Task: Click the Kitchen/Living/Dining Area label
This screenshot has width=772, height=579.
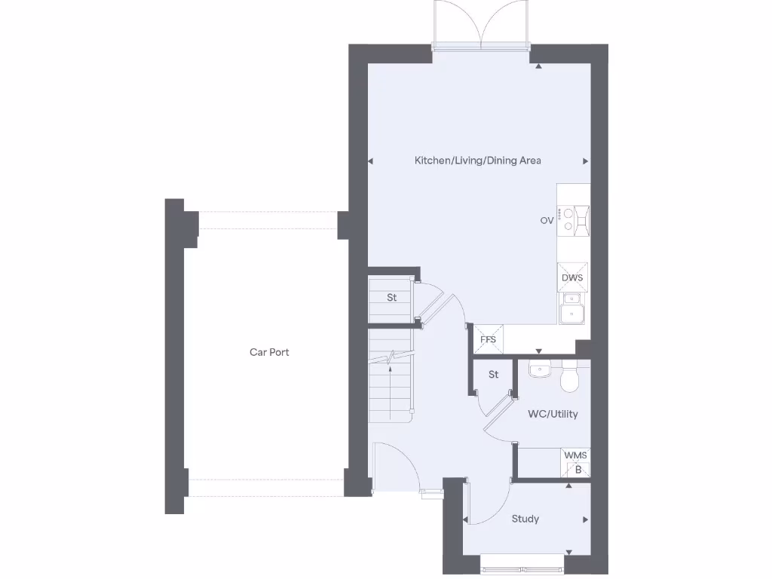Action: click(x=477, y=161)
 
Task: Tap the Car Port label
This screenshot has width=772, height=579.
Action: click(x=269, y=352)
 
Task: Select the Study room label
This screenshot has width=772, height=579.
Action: click(x=525, y=519)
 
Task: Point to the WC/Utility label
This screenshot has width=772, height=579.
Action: click(x=553, y=414)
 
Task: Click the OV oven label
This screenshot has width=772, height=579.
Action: click(x=547, y=221)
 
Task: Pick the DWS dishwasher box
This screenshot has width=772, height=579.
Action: click(x=572, y=277)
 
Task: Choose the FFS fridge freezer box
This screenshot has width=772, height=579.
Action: click(x=488, y=339)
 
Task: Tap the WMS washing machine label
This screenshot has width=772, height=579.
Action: click(x=575, y=456)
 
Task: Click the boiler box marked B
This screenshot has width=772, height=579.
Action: click(x=577, y=470)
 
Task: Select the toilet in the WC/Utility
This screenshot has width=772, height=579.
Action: click(x=570, y=379)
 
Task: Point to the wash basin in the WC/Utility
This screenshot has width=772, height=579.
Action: click(x=540, y=370)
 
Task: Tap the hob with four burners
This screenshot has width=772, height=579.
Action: click(x=573, y=221)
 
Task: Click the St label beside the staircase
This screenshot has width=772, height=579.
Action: click(x=391, y=298)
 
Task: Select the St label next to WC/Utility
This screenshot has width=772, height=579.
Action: click(x=493, y=375)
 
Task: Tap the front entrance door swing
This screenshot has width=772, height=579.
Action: click(x=394, y=464)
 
